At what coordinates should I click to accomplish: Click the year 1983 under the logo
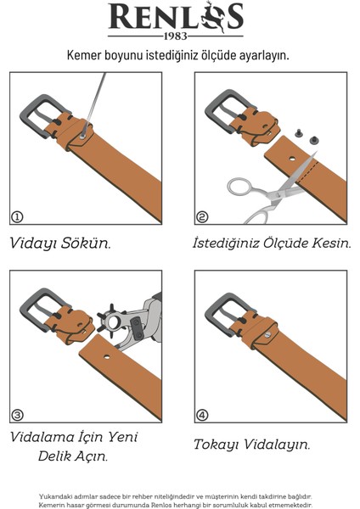click(x=176, y=36)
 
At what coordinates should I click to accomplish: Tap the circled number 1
click(x=17, y=216)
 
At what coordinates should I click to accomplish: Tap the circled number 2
click(x=202, y=216)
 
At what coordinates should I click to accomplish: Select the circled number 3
click(x=17, y=415)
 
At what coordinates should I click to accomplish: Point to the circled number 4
click(x=202, y=415)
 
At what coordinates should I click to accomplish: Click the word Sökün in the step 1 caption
click(x=86, y=243)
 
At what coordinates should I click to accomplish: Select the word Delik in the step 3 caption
click(x=54, y=456)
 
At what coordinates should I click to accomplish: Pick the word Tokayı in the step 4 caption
click(x=216, y=445)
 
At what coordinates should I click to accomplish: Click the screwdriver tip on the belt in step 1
click(x=82, y=137)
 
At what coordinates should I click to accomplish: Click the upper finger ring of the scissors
click(x=239, y=187)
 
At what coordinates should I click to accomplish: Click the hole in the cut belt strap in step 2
click(x=292, y=159)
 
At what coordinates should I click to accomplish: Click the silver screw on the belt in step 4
click(x=267, y=334)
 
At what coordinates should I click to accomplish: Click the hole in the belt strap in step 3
click(x=107, y=357)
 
